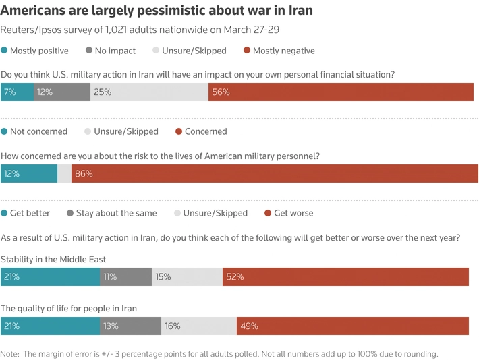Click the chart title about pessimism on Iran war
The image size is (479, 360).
[157, 11]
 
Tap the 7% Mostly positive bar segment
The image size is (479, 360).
[17, 92]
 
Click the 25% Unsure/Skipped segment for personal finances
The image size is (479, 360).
[149, 92]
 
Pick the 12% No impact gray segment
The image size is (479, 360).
[62, 92]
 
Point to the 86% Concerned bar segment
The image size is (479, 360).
[275, 173]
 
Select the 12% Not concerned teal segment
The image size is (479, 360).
[29, 173]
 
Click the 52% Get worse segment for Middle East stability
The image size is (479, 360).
[345, 276]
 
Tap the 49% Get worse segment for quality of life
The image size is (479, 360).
[352, 326]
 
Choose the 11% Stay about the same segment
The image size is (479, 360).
[125, 276]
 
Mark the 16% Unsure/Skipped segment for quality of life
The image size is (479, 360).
[198, 326]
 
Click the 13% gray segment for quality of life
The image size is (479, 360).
[130, 326]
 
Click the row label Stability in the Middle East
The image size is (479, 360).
[53, 259]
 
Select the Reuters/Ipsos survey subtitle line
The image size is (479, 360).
[140, 30]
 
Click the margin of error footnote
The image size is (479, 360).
[219, 353]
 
